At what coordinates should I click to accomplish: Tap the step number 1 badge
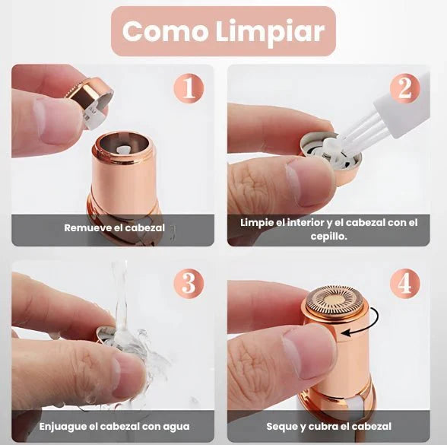point(188,89)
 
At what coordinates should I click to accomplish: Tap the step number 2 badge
point(404,89)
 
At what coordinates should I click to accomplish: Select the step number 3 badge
point(188,284)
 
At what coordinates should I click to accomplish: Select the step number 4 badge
point(404,284)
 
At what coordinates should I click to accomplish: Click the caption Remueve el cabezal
point(114,227)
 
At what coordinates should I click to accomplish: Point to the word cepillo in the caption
point(329,235)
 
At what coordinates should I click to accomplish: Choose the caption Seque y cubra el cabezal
point(328,426)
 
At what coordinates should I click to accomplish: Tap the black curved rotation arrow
point(366,323)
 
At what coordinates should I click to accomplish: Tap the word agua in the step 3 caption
point(176,426)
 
